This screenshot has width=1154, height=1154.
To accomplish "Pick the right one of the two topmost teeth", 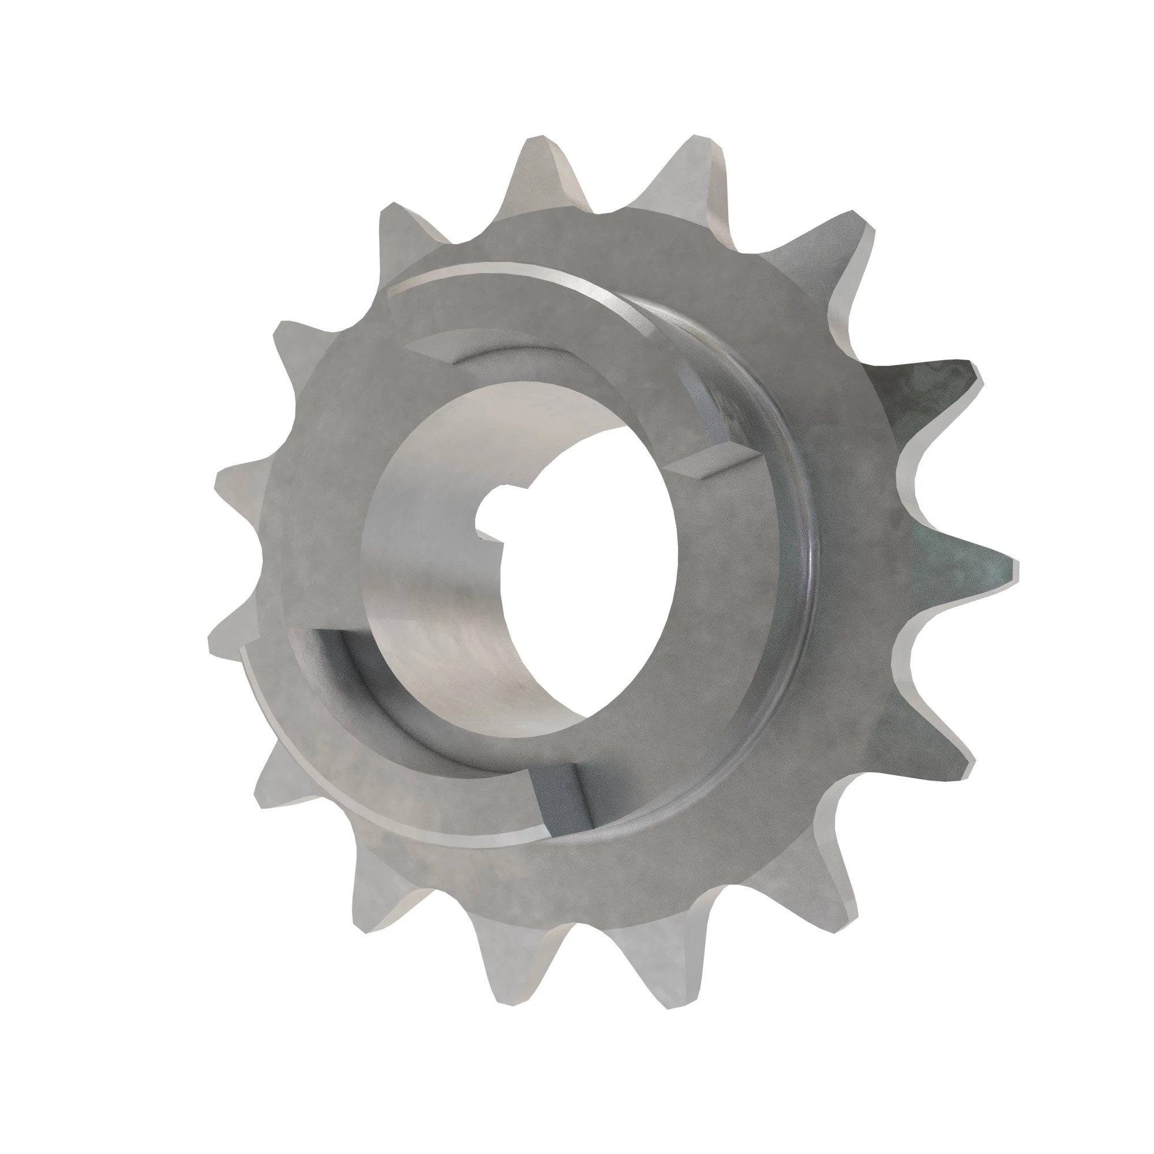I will click(x=699, y=173).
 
